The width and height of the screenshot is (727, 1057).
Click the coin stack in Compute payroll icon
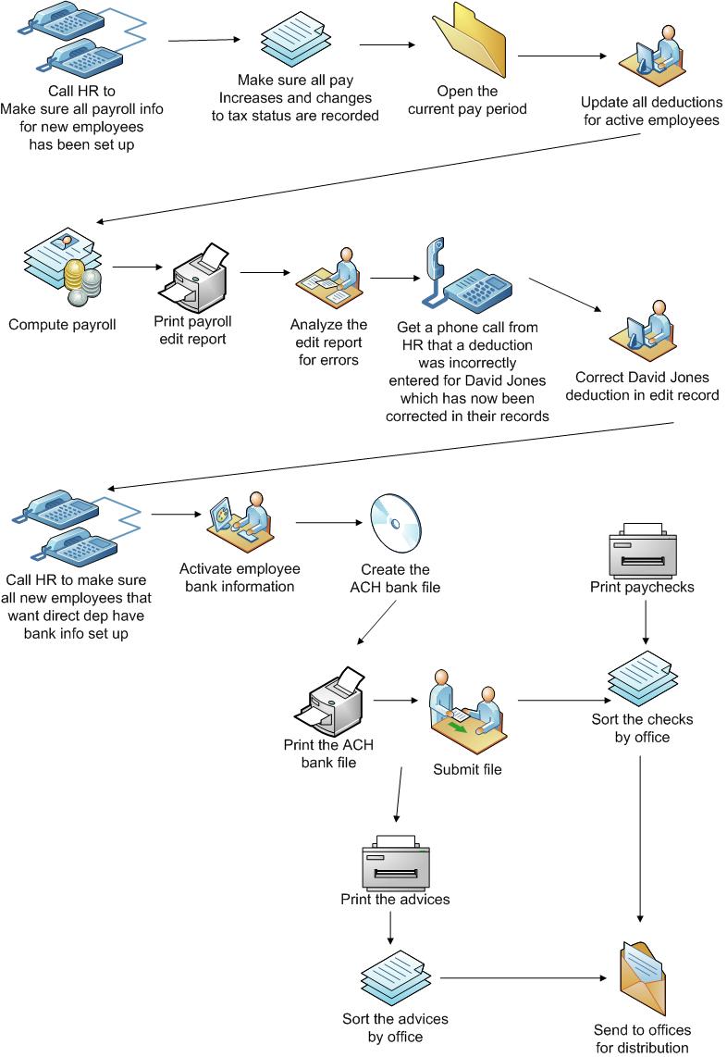click(76, 280)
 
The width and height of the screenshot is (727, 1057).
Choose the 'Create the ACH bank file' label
click(395, 578)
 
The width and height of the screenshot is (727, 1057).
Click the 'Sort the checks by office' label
click(642, 727)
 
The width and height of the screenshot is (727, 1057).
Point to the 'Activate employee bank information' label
click(240, 578)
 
